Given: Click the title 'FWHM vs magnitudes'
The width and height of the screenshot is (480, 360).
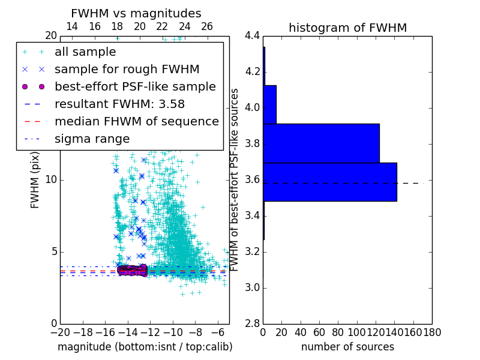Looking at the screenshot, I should click(x=136, y=13).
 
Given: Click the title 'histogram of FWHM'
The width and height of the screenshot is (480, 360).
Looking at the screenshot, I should click(x=347, y=28).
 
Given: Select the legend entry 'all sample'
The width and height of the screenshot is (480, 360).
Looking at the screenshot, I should click(x=85, y=52).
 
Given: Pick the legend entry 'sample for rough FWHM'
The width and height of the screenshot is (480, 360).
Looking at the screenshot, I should click(x=127, y=70).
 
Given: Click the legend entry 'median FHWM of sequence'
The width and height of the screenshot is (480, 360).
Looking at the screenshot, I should click(x=136, y=121).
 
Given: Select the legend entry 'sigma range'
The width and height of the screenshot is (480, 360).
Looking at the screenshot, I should click(x=92, y=139).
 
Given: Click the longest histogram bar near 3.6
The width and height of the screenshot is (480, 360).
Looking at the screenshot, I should click(x=329, y=182).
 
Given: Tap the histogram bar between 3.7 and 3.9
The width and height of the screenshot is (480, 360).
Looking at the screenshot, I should click(x=321, y=143).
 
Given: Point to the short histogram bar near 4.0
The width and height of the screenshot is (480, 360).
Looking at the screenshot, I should click(x=269, y=104).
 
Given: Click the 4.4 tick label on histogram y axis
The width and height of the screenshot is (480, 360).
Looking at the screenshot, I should click(x=252, y=36).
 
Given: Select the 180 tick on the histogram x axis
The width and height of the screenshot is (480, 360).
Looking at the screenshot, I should click(x=431, y=332).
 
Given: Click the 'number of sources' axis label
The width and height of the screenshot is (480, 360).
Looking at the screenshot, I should click(x=347, y=347).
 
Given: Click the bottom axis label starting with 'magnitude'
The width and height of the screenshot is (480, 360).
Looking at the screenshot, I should click(x=145, y=347).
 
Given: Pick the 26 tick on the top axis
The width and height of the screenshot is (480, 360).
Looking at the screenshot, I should click(x=207, y=26).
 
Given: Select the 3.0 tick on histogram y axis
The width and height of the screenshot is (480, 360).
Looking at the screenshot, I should click(x=252, y=287).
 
